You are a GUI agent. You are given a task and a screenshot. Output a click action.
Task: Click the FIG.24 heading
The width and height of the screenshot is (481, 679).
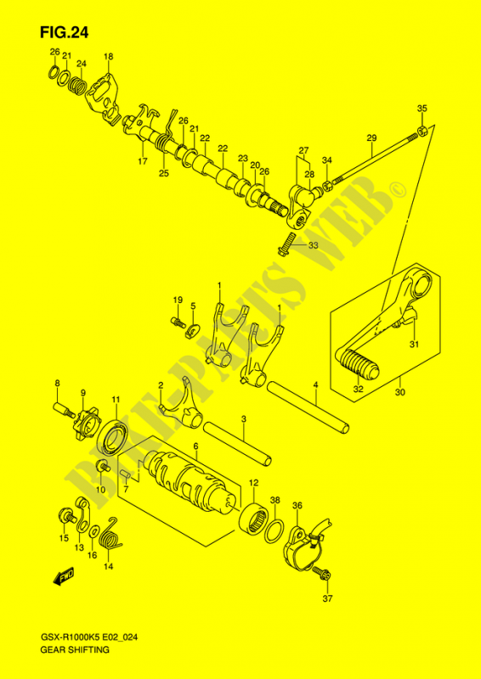(63, 31)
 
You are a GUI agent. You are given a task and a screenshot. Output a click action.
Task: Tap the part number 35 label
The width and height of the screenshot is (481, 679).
(422, 108)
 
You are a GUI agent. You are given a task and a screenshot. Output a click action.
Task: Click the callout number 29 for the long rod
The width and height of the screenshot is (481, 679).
(371, 138)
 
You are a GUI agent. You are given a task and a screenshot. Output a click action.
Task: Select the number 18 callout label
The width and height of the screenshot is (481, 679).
(108, 57)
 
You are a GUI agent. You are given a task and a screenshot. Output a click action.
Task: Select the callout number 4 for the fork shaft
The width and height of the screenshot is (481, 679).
(314, 384)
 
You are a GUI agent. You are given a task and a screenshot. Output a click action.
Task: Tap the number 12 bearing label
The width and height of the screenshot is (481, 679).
(252, 483)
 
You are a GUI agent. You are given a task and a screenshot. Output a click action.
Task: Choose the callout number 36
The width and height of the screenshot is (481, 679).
(297, 507)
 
